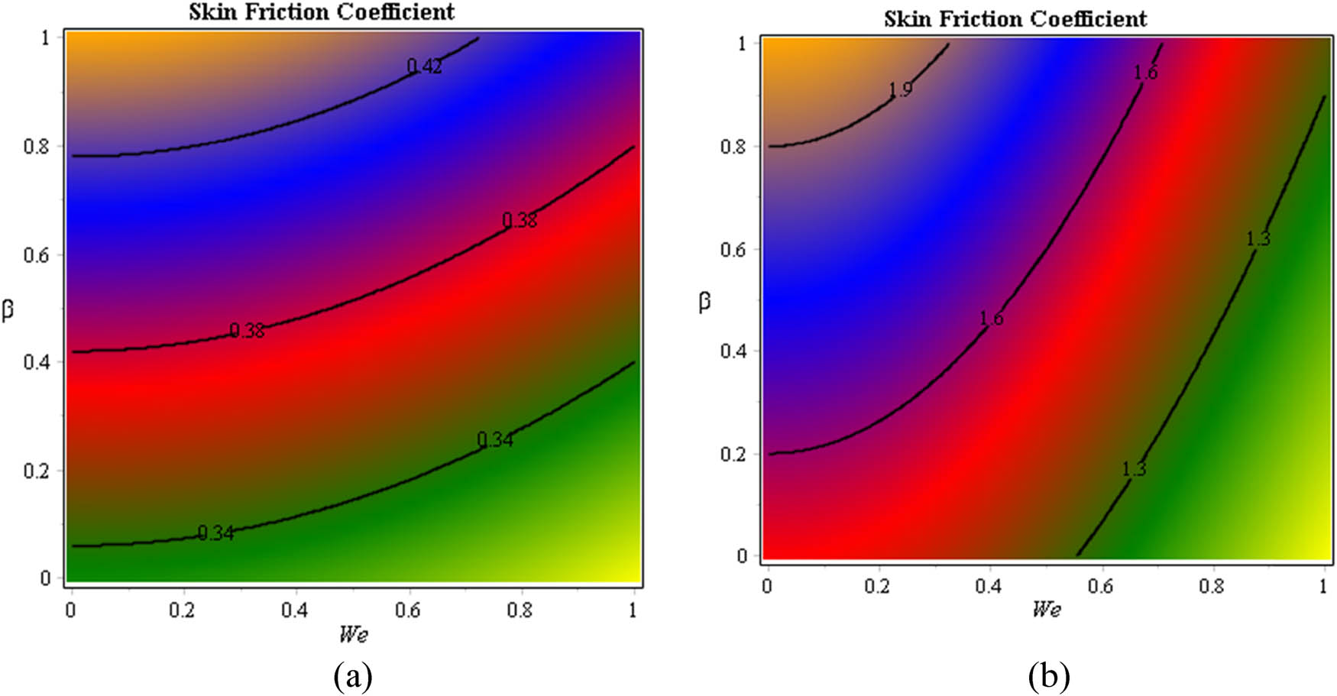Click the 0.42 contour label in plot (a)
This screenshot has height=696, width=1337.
tap(424, 66)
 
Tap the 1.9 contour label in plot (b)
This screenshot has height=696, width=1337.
tap(900, 89)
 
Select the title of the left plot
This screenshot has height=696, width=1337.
tap(322, 12)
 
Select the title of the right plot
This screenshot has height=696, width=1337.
tap(1015, 18)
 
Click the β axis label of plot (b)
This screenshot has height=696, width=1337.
tap(704, 301)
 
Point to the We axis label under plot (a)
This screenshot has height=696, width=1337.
tap(353, 633)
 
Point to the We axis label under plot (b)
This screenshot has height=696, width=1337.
tap(1046, 608)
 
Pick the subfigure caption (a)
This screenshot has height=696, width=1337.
tap(353, 675)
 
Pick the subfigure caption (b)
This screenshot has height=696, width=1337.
tap(1049, 675)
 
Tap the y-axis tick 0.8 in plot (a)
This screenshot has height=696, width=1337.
tap(36, 146)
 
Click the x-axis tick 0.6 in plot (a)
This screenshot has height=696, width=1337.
tap(408, 610)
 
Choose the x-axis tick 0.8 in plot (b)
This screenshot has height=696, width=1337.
tap(1212, 586)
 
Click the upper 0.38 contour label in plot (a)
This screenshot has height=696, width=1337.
tap(520, 221)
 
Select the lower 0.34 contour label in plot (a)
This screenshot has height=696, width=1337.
tap(215, 533)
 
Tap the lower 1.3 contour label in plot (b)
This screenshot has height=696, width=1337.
tap(1134, 469)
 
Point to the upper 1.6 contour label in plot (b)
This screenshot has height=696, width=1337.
tap(1145, 73)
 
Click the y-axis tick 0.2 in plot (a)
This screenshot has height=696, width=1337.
tap(36, 471)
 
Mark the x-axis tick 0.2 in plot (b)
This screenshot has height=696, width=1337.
tap(878, 586)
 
